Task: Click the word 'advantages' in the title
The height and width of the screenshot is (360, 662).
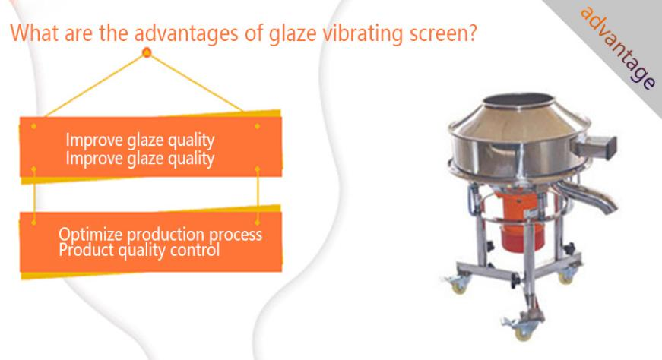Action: [x=186, y=33]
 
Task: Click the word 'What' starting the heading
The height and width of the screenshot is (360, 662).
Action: [x=33, y=33]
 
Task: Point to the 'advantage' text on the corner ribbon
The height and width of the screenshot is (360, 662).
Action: [x=618, y=47]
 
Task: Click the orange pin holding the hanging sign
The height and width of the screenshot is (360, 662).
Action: [x=147, y=52]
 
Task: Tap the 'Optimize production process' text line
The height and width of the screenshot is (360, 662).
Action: [x=160, y=234]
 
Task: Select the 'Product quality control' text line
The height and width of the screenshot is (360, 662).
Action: [x=139, y=250]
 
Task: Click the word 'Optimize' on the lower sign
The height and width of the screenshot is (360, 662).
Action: [x=90, y=235]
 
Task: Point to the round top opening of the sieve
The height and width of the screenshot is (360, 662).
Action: [x=518, y=100]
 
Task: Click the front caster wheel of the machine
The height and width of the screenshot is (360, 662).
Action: [x=523, y=331]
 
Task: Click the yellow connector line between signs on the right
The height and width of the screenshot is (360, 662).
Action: [x=258, y=194]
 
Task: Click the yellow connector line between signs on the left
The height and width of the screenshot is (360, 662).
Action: [x=33, y=195]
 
